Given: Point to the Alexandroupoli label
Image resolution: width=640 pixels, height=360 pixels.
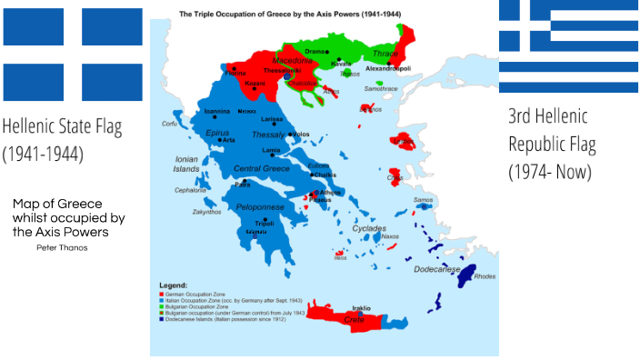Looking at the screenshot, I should (x=388, y=69).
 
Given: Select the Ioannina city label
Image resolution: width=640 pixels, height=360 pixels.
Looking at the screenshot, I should (x=216, y=111).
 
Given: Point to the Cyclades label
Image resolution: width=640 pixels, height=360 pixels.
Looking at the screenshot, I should (x=370, y=228).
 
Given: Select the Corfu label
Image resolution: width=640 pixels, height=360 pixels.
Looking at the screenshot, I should (x=169, y=123).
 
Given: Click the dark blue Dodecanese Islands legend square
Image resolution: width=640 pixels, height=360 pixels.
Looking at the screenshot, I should (x=162, y=318).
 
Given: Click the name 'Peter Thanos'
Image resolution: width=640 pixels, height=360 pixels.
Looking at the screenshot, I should (x=63, y=247).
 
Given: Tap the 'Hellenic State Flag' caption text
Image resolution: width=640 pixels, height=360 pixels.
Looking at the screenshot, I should (x=61, y=126).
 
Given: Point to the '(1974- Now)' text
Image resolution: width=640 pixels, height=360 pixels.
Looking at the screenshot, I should (x=550, y=170).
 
